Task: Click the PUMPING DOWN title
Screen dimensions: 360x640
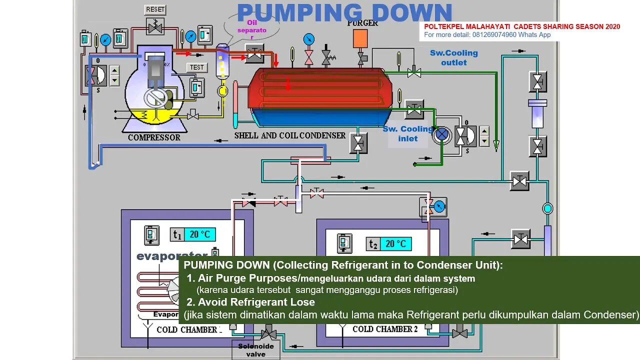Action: coord(344,13)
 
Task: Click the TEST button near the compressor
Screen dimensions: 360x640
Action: coord(196,67)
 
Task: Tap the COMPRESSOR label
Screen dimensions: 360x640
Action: coord(154,137)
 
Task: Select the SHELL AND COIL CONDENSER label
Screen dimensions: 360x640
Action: coord(290,135)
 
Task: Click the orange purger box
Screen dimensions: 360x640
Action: coord(360,38)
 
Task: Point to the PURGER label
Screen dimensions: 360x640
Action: coord(362,22)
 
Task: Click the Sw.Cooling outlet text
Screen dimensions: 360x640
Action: coord(453,57)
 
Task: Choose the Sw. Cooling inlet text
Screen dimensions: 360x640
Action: coord(408,133)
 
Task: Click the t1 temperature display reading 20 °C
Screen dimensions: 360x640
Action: coord(200,234)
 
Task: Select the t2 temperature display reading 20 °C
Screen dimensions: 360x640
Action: coord(395,243)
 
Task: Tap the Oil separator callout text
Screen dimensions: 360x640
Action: coord(252,30)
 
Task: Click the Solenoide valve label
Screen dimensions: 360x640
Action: coord(255,350)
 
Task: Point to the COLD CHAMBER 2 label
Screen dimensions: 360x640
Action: coord(384,329)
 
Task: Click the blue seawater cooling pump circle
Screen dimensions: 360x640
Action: coord(441,134)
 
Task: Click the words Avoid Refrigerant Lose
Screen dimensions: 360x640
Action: coord(256,302)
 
